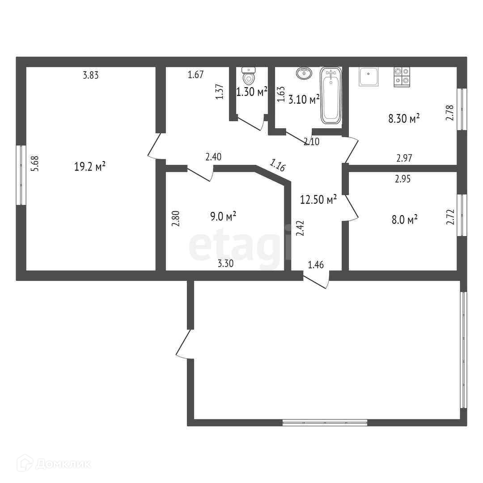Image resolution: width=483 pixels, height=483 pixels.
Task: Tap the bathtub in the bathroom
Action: [x=331, y=96]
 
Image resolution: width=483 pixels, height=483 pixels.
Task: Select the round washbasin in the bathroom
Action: [x=304, y=73]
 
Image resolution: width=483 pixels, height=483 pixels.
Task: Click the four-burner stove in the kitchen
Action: [x=402, y=77]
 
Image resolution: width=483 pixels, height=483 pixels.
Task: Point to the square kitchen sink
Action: [x=369, y=76]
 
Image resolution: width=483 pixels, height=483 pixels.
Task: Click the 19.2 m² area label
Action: [x=90, y=167]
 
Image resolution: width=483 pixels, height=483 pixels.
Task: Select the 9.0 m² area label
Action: [x=223, y=216]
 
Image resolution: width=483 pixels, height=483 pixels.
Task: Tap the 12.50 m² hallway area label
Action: [x=318, y=199]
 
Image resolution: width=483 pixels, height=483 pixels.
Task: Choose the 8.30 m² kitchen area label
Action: [x=404, y=118]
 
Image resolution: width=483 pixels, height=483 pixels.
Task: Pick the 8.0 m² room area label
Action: [x=404, y=220]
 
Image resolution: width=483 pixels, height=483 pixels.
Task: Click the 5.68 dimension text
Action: [x=36, y=164]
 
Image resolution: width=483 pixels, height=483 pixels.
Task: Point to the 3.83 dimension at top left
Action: [x=90, y=75]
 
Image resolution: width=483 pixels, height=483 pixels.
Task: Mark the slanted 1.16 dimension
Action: [x=278, y=165]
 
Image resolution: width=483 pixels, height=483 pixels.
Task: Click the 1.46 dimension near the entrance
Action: [x=316, y=265]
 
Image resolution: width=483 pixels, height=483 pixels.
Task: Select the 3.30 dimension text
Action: [x=225, y=263]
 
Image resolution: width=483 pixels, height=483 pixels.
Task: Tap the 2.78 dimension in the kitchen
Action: [x=450, y=113]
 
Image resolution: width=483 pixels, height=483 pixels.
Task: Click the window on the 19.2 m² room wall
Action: [x=21, y=175]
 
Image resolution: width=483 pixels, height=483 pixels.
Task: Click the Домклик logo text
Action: [x=63, y=464]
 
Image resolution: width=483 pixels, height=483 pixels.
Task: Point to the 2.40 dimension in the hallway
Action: [x=213, y=157]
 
